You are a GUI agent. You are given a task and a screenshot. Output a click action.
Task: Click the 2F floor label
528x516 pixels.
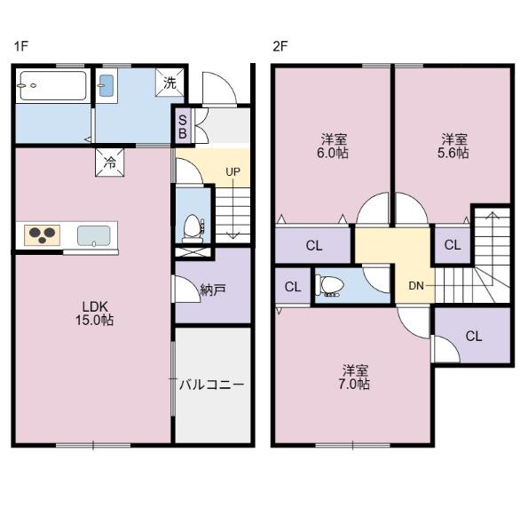point(280,45)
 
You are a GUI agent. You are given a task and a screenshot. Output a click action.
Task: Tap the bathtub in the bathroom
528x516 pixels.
point(51,87)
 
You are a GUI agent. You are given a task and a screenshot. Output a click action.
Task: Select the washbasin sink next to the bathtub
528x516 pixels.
point(106,86)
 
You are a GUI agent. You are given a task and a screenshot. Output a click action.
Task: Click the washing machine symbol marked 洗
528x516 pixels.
point(170,83)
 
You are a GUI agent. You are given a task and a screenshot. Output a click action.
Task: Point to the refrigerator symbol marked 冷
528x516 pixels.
point(109,163)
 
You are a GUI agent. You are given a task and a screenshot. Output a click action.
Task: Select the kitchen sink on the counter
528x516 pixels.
point(94,235)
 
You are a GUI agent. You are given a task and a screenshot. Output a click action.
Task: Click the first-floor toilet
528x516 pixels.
point(192,227)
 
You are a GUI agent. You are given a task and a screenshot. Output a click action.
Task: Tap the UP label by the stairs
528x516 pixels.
point(232,171)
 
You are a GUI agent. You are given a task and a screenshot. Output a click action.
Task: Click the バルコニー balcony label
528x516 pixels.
point(211,385)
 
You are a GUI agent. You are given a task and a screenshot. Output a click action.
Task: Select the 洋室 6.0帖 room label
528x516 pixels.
point(334,146)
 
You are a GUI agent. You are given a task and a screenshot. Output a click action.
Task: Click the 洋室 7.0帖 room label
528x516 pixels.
point(356,377)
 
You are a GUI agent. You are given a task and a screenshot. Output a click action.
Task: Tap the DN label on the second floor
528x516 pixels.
point(416,285)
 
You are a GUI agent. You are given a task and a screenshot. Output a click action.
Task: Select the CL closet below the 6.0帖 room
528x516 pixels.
point(313,246)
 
